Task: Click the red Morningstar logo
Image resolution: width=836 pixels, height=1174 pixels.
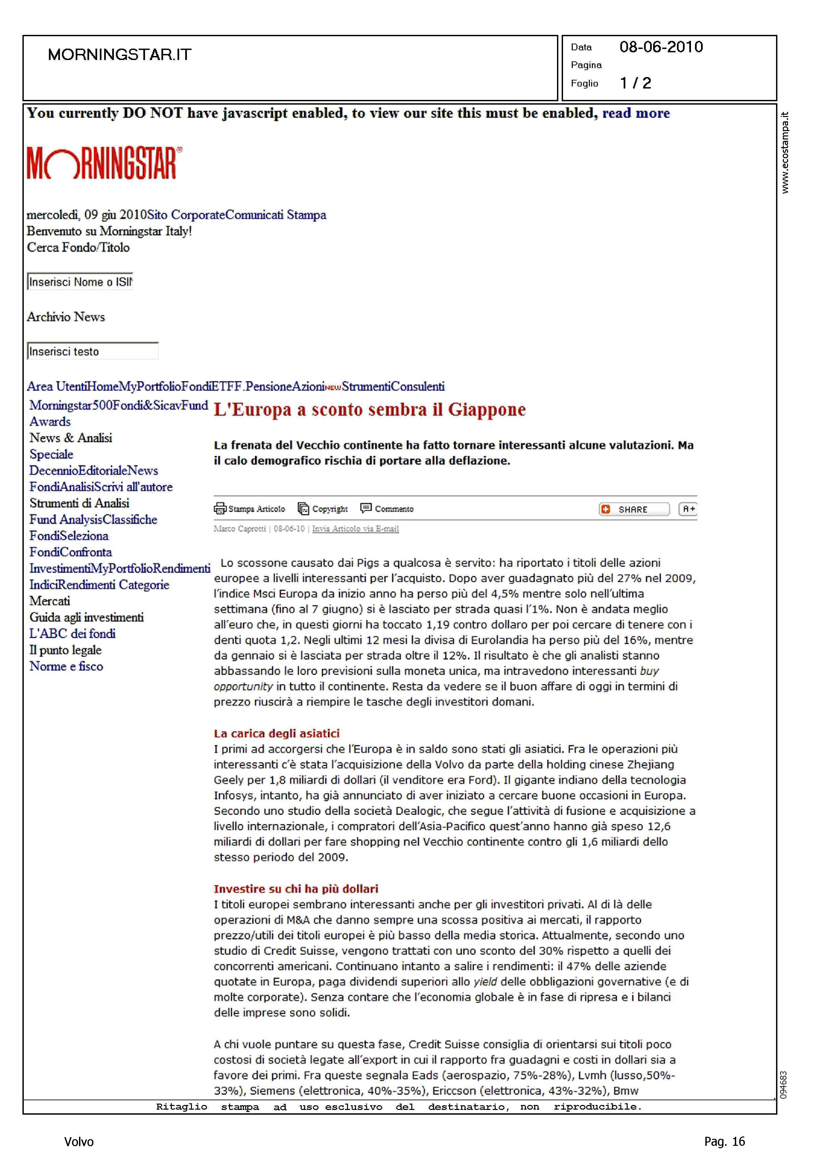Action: tap(104, 163)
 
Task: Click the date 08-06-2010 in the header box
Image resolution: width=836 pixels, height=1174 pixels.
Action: tap(661, 47)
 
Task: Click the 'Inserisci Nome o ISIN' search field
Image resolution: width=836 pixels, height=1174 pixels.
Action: tap(80, 282)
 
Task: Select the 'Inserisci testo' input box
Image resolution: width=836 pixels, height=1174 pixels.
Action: tap(93, 351)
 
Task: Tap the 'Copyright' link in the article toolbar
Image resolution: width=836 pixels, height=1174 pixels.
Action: tap(330, 509)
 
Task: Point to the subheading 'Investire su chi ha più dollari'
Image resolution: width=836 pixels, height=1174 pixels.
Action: tap(296, 889)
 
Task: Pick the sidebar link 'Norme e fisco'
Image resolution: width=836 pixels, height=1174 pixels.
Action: tap(66, 666)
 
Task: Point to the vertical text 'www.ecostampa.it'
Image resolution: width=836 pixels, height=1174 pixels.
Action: tap(784, 153)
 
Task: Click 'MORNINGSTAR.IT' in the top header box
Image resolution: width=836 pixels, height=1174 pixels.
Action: tap(120, 55)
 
